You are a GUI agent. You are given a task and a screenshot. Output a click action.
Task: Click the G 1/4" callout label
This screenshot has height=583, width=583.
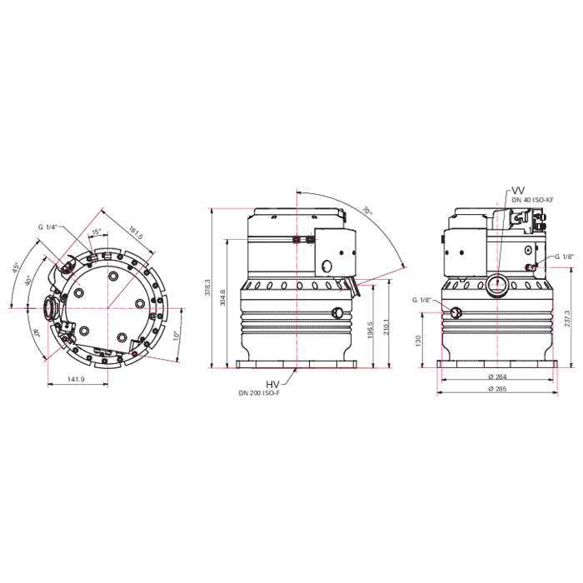[47, 227]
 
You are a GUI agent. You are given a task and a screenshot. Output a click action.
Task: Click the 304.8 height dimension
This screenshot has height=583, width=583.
[222, 296]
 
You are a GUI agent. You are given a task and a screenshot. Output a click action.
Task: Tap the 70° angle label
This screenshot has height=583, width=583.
[366, 214]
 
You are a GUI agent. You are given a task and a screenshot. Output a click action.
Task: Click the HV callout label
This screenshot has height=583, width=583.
[272, 383]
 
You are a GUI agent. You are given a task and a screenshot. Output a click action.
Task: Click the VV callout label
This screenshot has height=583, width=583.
[519, 189]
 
